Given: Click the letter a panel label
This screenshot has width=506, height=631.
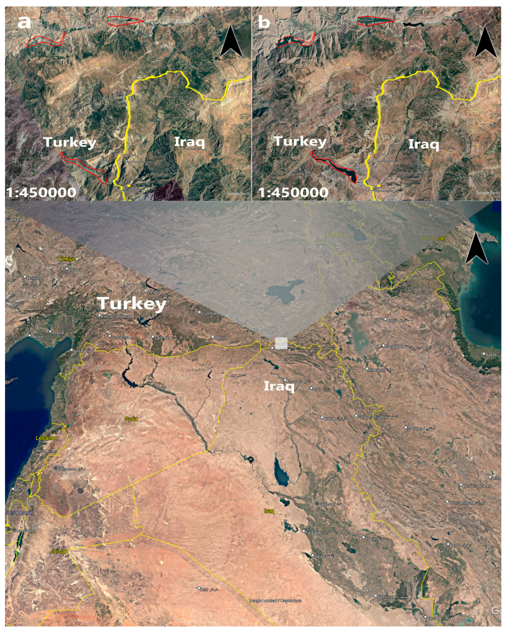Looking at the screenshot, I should (24, 22).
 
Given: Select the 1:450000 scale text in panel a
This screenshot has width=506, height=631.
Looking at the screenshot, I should (41, 193).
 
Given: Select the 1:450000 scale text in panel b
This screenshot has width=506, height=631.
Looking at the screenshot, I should (293, 193).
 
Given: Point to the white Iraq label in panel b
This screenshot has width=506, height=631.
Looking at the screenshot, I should (424, 144).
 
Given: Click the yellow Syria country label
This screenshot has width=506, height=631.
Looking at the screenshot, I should (131, 419).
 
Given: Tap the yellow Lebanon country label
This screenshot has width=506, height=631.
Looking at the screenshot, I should (47, 438).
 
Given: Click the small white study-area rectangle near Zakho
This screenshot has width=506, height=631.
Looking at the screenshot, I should (281, 343).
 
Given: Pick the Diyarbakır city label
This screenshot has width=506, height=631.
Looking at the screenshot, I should (210, 313).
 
